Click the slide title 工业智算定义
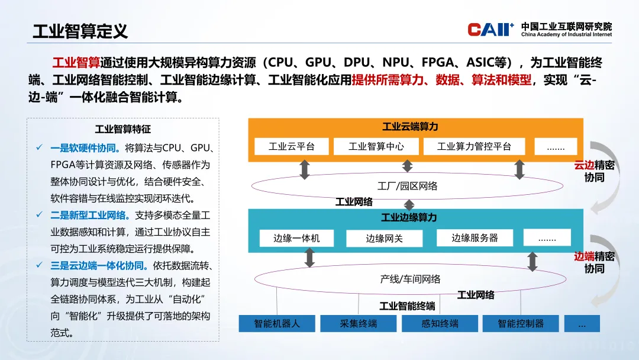tap(80, 31)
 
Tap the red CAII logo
tap(490, 30)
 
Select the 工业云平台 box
tap(291, 146)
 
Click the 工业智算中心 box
tap(376, 146)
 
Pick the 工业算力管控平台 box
tap(474, 146)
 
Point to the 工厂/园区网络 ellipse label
tap(407, 186)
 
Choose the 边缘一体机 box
tap(296, 238)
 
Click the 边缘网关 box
tap(385, 239)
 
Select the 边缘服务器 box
tap(475, 237)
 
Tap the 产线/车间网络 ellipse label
tap(410, 279)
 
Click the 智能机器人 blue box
tap(277, 324)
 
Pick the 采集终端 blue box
tap(358, 324)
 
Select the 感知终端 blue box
tap(440, 324)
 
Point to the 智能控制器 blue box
tap(521, 324)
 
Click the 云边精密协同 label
tap(594, 171)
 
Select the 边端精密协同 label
tap(594, 262)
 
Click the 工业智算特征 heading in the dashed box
tap(123, 129)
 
